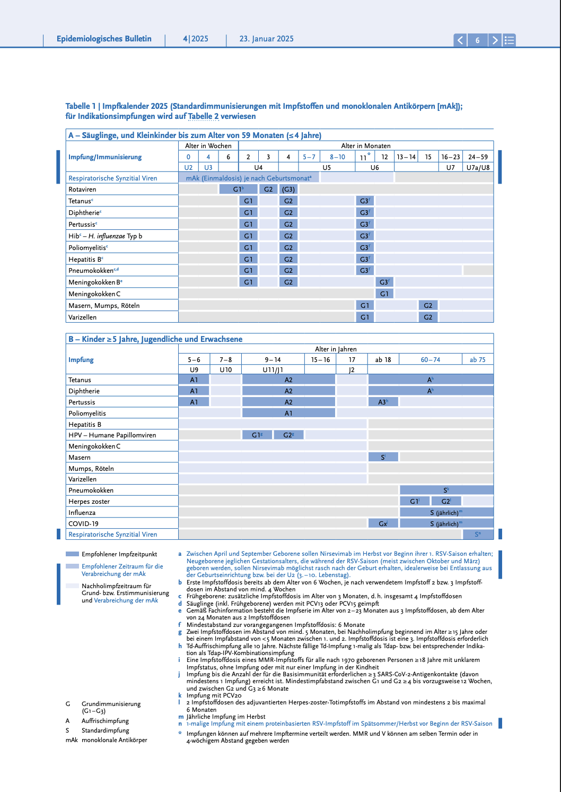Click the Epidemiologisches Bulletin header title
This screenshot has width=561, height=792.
(x=104, y=39)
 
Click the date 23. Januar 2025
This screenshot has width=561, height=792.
(x=266, y=39)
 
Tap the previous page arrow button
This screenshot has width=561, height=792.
(x=460, y=40)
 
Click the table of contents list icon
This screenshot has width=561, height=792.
(x=509, y=40)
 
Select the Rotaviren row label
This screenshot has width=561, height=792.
(x=82, y=190)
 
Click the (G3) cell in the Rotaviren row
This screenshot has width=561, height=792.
(x=288, y=190)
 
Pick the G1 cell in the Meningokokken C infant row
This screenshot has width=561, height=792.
(x=384, y=294)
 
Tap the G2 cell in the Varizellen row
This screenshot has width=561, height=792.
(x=428, y=317)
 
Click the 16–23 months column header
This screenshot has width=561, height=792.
(x=450, y=157)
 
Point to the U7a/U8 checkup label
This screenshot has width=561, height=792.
(x=478, y=167)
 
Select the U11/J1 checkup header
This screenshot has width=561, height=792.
(x=273, y=370)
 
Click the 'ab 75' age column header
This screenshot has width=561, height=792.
(x=477, y=360)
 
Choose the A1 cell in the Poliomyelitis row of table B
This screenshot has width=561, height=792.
(x=288, y=413)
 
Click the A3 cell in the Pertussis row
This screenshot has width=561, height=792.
(x=383, y=402)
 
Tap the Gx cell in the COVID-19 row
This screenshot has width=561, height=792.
(x=383, y=523)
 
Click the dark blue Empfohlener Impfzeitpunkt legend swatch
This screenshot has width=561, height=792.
(x=72, y=554)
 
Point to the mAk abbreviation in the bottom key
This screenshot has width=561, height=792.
(x=72, y=740)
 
